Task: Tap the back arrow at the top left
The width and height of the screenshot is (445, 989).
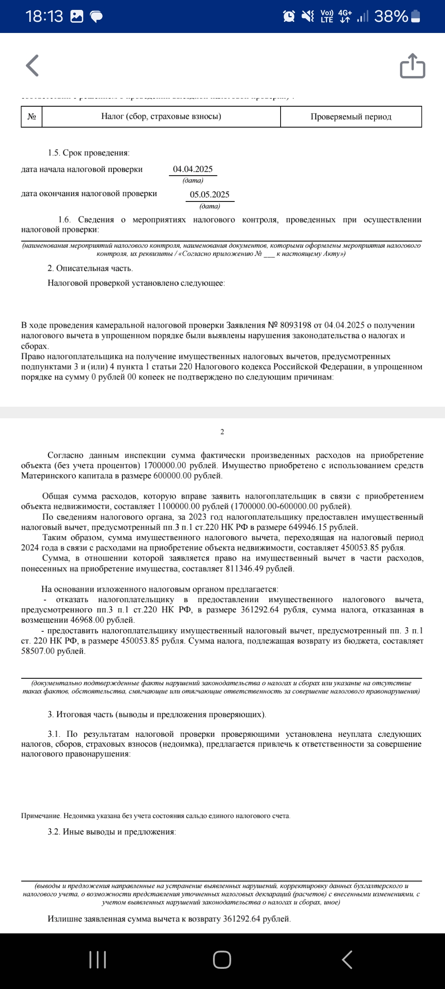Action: [x=32, y=66]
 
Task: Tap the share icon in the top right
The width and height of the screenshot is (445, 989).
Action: [x=412, y=66]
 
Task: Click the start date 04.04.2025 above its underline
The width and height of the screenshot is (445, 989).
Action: [x=193, y=169]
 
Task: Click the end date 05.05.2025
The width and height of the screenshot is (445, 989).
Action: [x=210, y=195]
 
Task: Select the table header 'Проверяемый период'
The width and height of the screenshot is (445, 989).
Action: [x=351, y=117]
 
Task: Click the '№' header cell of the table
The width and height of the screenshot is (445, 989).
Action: [x=32, y=117]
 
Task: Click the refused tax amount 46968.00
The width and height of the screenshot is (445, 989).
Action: [x=87, y=620]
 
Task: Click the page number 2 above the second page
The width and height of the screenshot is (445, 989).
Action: [x=222, y=432]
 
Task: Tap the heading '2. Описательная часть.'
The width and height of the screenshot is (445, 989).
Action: [x=90, y=268]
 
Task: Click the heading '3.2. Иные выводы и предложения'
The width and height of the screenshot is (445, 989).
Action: [x=112, y=832]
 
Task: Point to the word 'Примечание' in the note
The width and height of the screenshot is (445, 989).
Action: [x=41, y=816]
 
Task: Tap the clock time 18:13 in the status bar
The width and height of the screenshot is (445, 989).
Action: [x=44, y=16]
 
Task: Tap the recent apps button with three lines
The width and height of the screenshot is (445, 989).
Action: [x=98, y=960]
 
